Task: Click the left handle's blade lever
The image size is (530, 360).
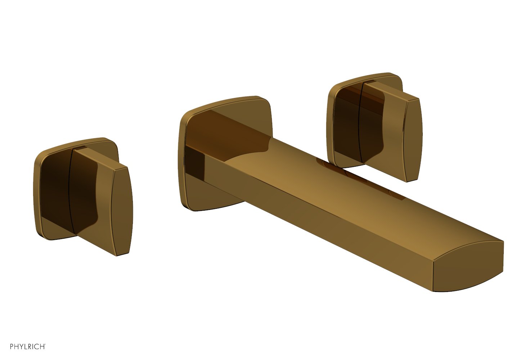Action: (90, 194)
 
